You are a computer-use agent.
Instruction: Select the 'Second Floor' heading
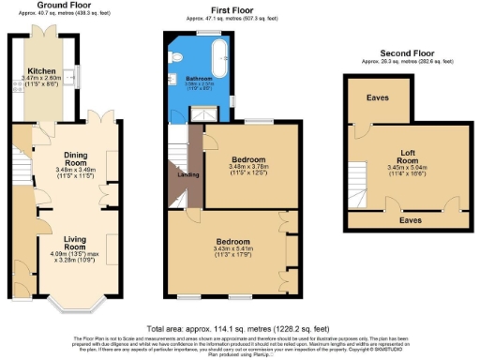[x=407, y=53]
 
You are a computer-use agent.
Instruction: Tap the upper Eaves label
[x=378, y=97]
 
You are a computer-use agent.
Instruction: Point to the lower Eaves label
[x=409, y=222]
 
